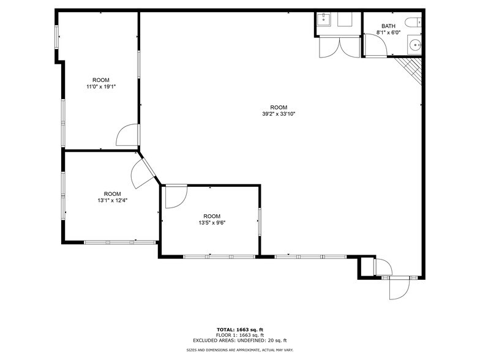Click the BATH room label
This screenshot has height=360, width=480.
click(x=388, y=26)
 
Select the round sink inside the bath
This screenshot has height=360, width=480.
click(x=416, y=44)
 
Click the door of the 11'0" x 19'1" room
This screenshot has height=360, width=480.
click(x=127, y=135)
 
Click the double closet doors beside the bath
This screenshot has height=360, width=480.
click(x=339, y=47)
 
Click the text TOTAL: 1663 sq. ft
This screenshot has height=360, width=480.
click(x=239, y=330)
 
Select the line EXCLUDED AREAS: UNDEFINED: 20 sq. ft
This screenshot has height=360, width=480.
click(x=239, y=340)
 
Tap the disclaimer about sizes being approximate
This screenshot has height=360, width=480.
click(x=239, y=350)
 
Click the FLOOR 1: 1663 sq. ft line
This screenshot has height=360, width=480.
click(x=239, y=335)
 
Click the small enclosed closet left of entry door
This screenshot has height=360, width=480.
click(x=366, y=267)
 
